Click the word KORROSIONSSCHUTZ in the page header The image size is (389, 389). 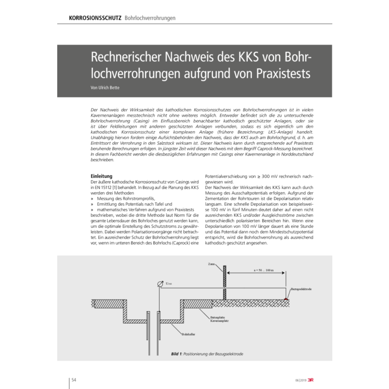pyautogui.click(x=95, y=18)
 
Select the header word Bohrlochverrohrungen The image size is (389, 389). pyautogui.click(x=150, y=18)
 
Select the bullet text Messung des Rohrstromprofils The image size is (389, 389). pyautogui.click(x=125, y=198)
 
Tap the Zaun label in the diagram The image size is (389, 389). pyautogui.click(x=211, y=263)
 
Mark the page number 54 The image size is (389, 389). pyautogui.click(x=73, y=380)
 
